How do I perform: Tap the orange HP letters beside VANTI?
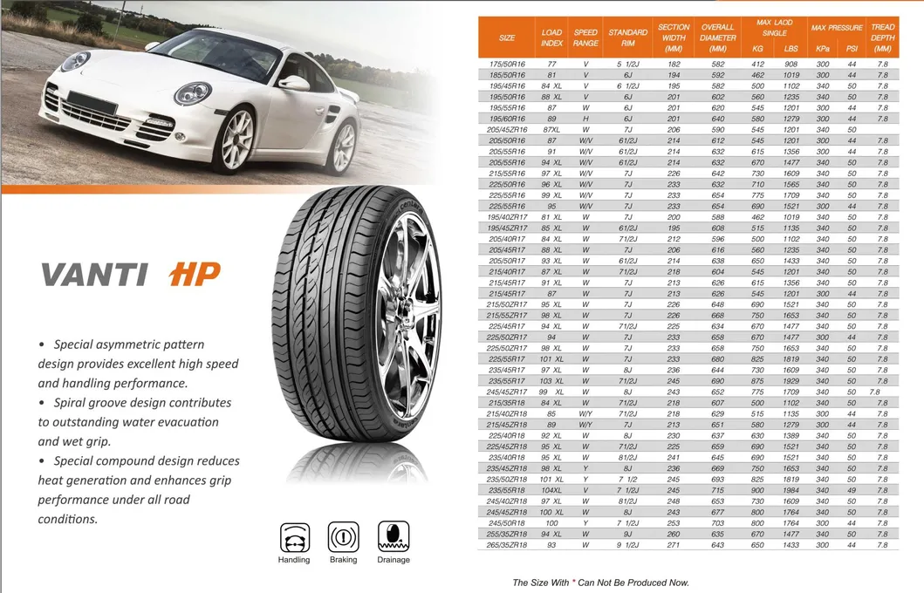194,274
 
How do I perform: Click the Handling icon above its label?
294,536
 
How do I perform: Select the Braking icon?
343,536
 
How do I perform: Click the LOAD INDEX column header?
551,37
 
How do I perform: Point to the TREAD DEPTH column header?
882,37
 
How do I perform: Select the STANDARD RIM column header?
627,37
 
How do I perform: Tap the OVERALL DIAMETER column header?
718,37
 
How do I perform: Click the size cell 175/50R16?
507,65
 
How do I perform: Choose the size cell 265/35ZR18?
507,545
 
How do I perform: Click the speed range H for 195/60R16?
585,119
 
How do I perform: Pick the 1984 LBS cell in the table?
791,490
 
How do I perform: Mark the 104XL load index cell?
551,490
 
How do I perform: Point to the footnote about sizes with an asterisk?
600,582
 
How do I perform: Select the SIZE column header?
507,37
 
